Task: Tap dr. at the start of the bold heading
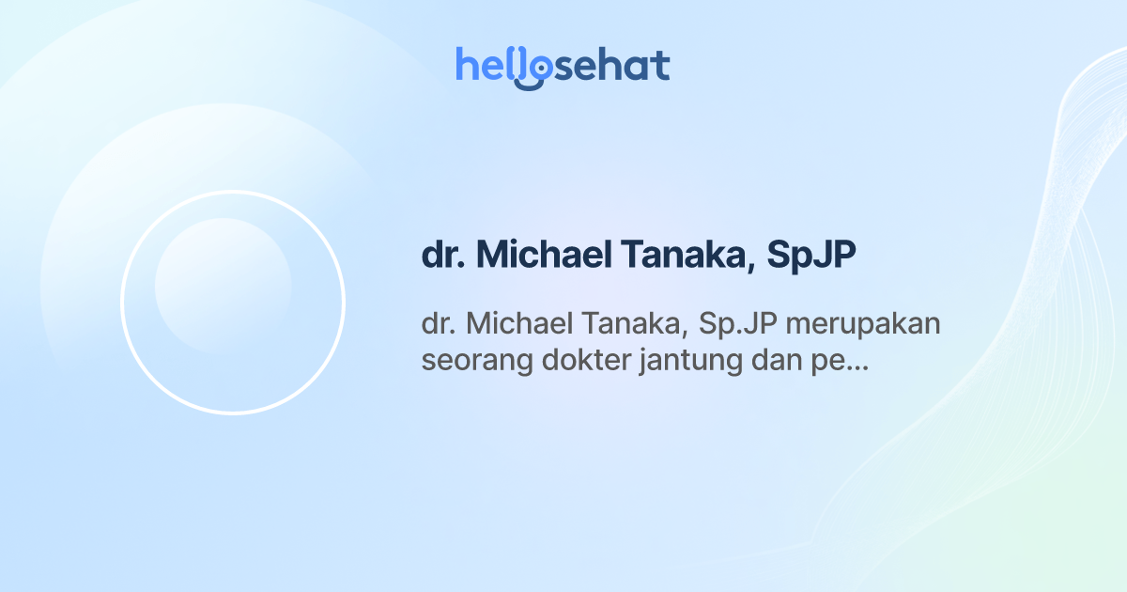(443, 257)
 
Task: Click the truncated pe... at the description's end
(838, 362)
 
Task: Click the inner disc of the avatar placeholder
(223, 286)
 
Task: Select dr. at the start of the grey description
(438, 324)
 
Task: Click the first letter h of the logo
(466, 65)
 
